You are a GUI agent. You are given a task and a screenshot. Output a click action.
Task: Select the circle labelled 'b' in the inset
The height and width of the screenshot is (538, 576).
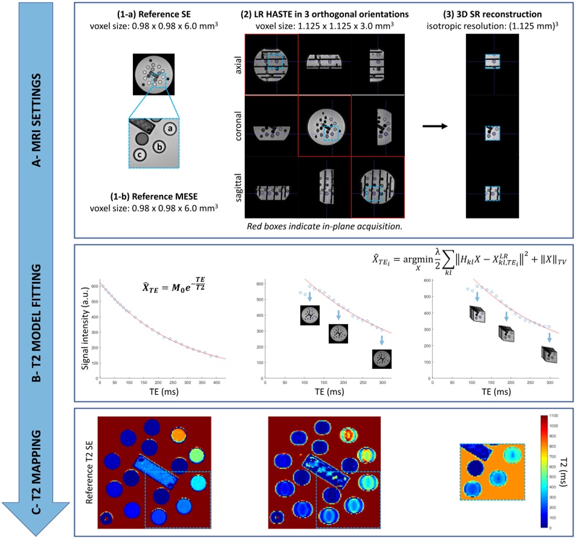tap(159, 146)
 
